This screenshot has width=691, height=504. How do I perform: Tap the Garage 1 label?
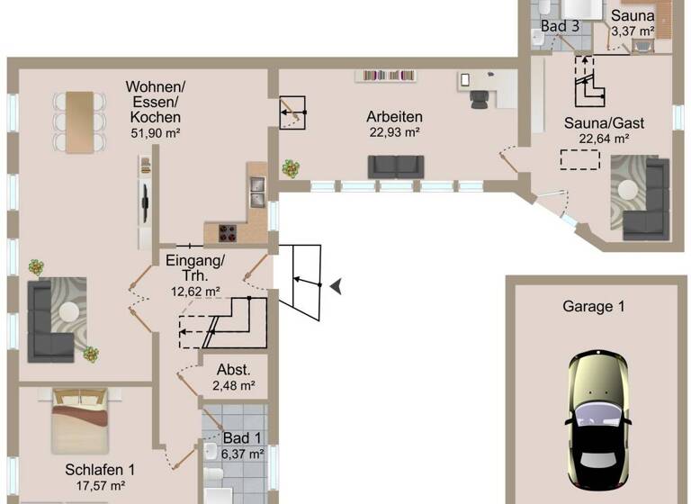point(593,306)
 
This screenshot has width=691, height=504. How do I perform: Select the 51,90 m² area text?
point(156,133)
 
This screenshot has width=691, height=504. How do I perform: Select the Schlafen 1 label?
point(100,469)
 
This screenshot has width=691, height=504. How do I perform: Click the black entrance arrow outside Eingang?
point(336,286)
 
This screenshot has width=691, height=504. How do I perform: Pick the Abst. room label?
point(233,370)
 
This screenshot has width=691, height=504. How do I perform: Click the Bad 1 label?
point(242,438)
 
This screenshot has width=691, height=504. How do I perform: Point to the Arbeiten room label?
point(394,117)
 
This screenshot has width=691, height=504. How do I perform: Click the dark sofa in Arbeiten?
point(395,166)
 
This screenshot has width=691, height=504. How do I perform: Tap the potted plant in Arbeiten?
point(291,168)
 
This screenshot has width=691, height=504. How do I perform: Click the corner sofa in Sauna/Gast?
point(643,198)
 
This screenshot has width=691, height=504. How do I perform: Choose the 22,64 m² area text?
point(603,139)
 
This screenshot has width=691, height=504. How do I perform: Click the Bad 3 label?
point(560,26)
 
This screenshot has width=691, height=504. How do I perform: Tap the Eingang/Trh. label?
point(195,268)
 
